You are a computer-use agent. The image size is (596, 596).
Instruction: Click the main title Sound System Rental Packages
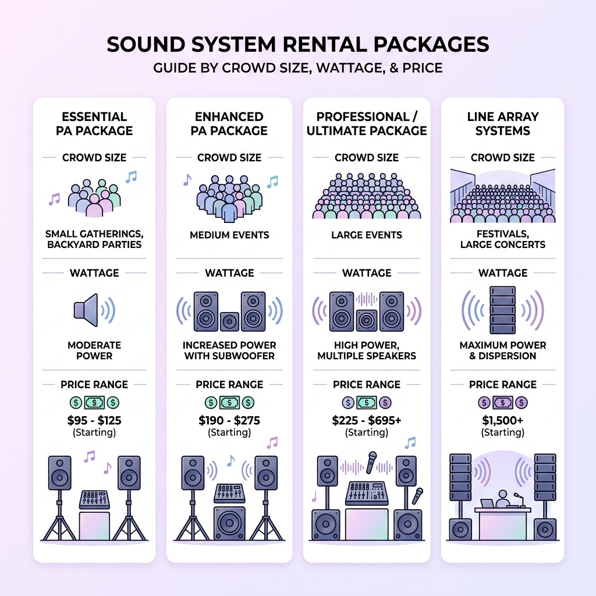click(297, 45)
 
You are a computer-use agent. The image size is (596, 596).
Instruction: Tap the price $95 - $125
click(94, 420)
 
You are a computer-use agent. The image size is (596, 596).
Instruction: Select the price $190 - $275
click(229, 420)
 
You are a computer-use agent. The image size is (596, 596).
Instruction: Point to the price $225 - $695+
click(367, 420)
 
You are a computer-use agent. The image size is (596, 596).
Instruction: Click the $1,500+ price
click(503, 420)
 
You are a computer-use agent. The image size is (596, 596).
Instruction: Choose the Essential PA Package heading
click(94, 123)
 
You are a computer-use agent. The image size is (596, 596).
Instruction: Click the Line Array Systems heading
click(503, 123)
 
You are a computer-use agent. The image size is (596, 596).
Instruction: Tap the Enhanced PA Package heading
click(229, 123)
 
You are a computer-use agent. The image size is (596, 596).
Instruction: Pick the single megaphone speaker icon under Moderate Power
click(86, 309)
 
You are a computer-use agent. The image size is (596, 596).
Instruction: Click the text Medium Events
click(229, 236)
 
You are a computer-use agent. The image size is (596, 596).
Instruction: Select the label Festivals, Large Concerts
click(503, 239)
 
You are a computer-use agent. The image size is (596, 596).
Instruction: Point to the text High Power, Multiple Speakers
click(367, 350)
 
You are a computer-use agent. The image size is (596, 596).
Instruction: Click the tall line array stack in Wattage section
click(502, 309)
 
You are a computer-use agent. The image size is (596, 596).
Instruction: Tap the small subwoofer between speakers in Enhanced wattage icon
click(229, 321)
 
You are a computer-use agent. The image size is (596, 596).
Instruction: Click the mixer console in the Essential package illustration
click(94, 499)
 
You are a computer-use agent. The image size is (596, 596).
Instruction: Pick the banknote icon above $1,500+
click(502, 402)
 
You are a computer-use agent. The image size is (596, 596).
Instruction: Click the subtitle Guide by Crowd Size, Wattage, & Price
click(297, 68)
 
